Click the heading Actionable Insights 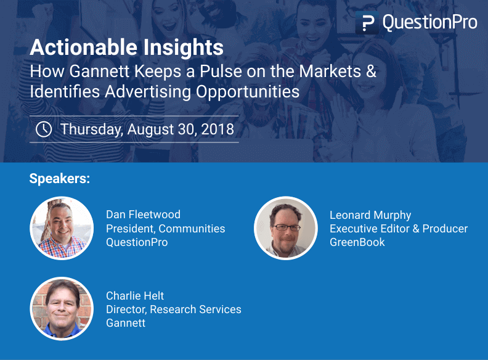point(126,47)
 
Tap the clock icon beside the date point(44,129)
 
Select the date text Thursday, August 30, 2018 point(147,129)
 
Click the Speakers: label point(60,179)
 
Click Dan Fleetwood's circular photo point(62,229)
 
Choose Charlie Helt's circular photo point(62,309)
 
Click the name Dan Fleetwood point(143,215)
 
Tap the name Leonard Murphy point(370,215)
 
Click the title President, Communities point(165,229)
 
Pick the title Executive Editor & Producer point(399,229)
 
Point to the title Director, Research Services point(173,309)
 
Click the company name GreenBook point(357,242)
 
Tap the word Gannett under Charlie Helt point(126,322)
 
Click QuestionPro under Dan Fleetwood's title point(137,242)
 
